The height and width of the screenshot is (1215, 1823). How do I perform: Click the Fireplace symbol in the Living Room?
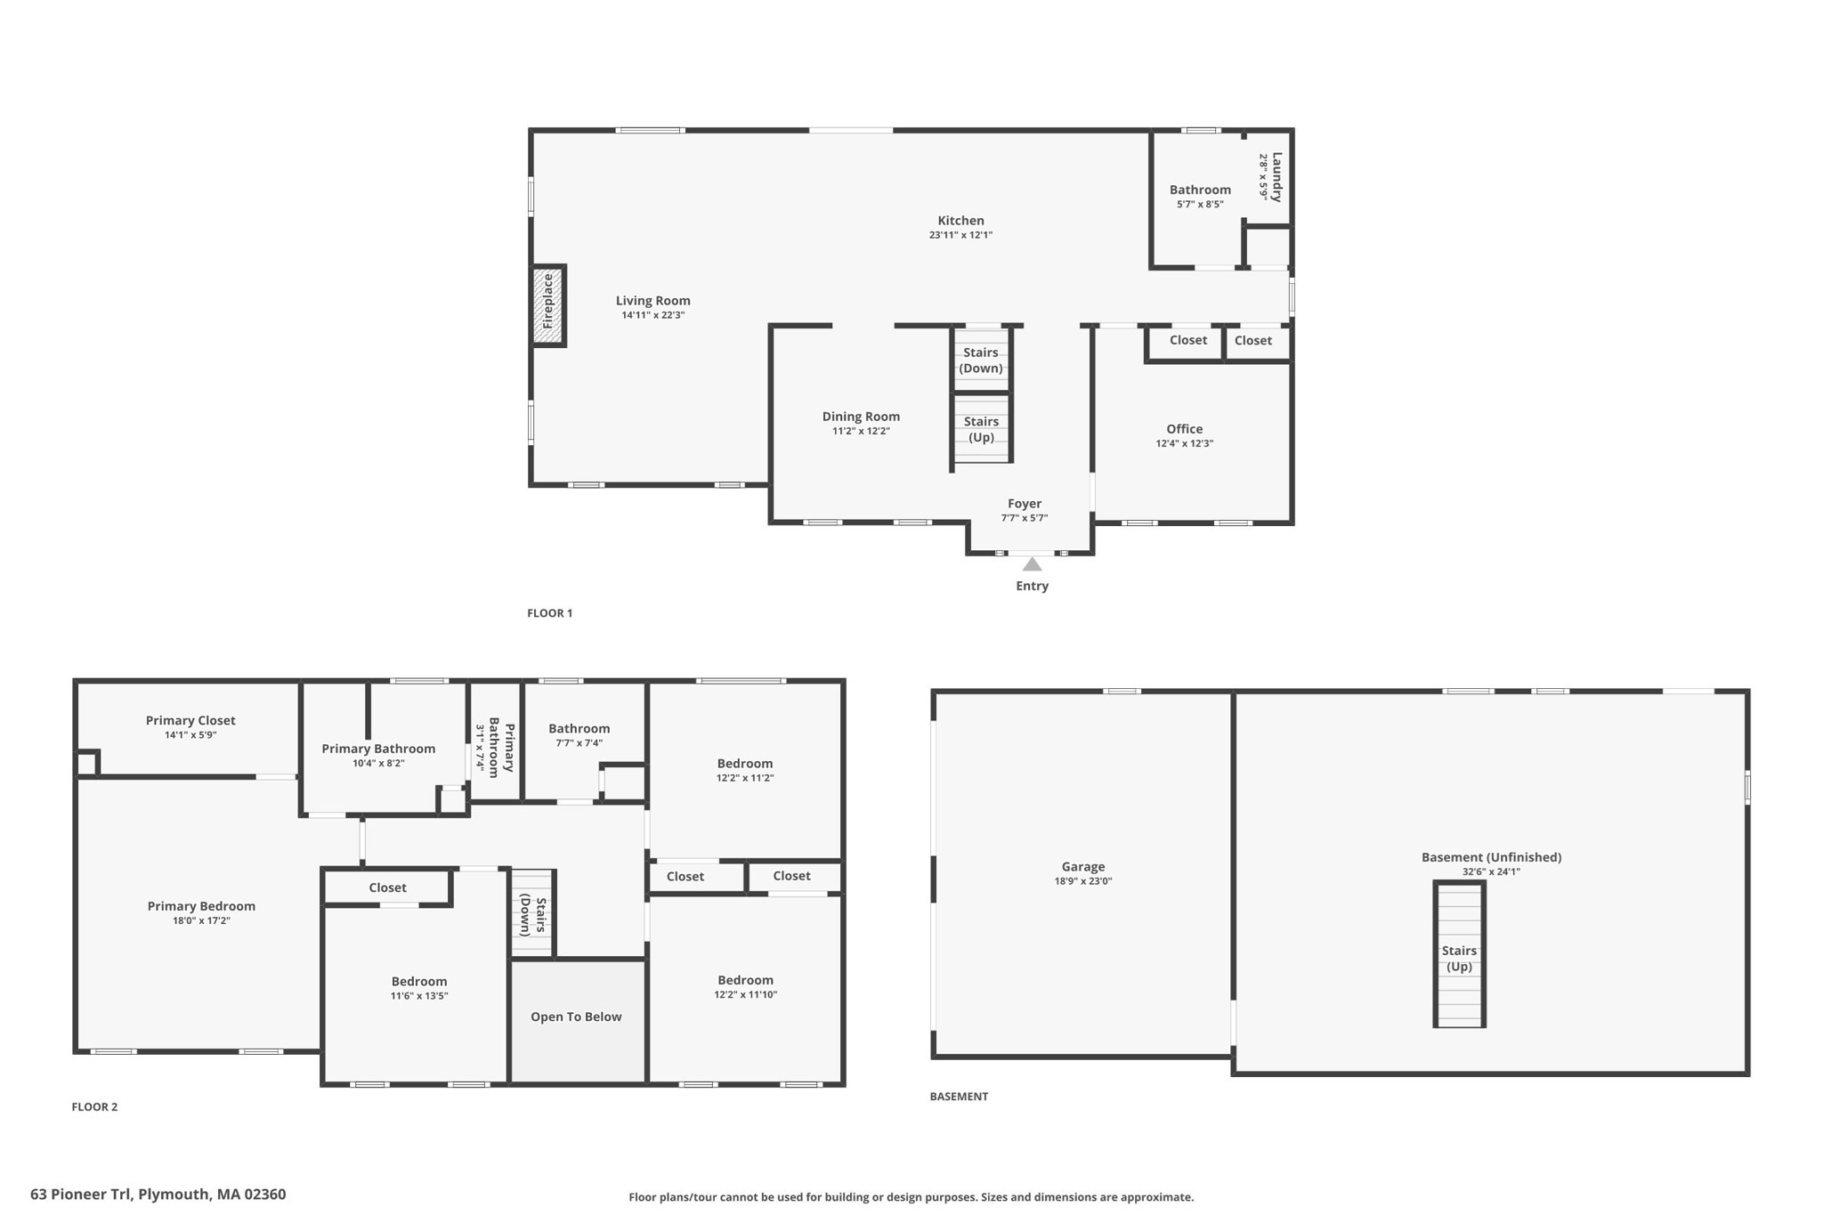[548, 305]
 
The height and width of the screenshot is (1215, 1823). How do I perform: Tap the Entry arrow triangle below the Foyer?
[1032, 564]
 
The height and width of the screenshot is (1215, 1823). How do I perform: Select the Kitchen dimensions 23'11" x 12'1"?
[960, 235]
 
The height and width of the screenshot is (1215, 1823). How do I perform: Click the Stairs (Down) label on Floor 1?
[981, 360]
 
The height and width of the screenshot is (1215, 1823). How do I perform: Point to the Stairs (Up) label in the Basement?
[1459, 959]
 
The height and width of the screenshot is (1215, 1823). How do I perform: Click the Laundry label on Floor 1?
[1276, 177]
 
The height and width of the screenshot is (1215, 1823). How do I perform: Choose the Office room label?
[1184, 429]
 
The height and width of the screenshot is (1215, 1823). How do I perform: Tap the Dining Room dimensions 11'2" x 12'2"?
[861, 431]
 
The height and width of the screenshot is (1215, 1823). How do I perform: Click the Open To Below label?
[576, 1017]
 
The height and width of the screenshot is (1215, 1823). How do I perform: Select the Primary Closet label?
[190, 720]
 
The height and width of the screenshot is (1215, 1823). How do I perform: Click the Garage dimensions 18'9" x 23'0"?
[1083, 881]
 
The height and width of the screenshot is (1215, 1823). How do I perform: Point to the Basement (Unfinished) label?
[1491, 857]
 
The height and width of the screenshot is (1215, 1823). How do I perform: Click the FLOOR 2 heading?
[94, 1106]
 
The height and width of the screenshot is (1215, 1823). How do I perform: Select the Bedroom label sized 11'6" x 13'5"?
[418, 982]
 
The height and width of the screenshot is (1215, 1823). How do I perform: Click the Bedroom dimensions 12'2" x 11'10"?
[745, 994]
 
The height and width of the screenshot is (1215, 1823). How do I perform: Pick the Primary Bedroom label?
[201, 906]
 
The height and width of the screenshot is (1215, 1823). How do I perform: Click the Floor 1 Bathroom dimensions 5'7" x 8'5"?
[1200, 204]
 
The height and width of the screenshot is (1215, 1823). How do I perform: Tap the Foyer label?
[1025, 504]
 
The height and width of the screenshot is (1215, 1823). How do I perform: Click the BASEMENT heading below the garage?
[959, 1097]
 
